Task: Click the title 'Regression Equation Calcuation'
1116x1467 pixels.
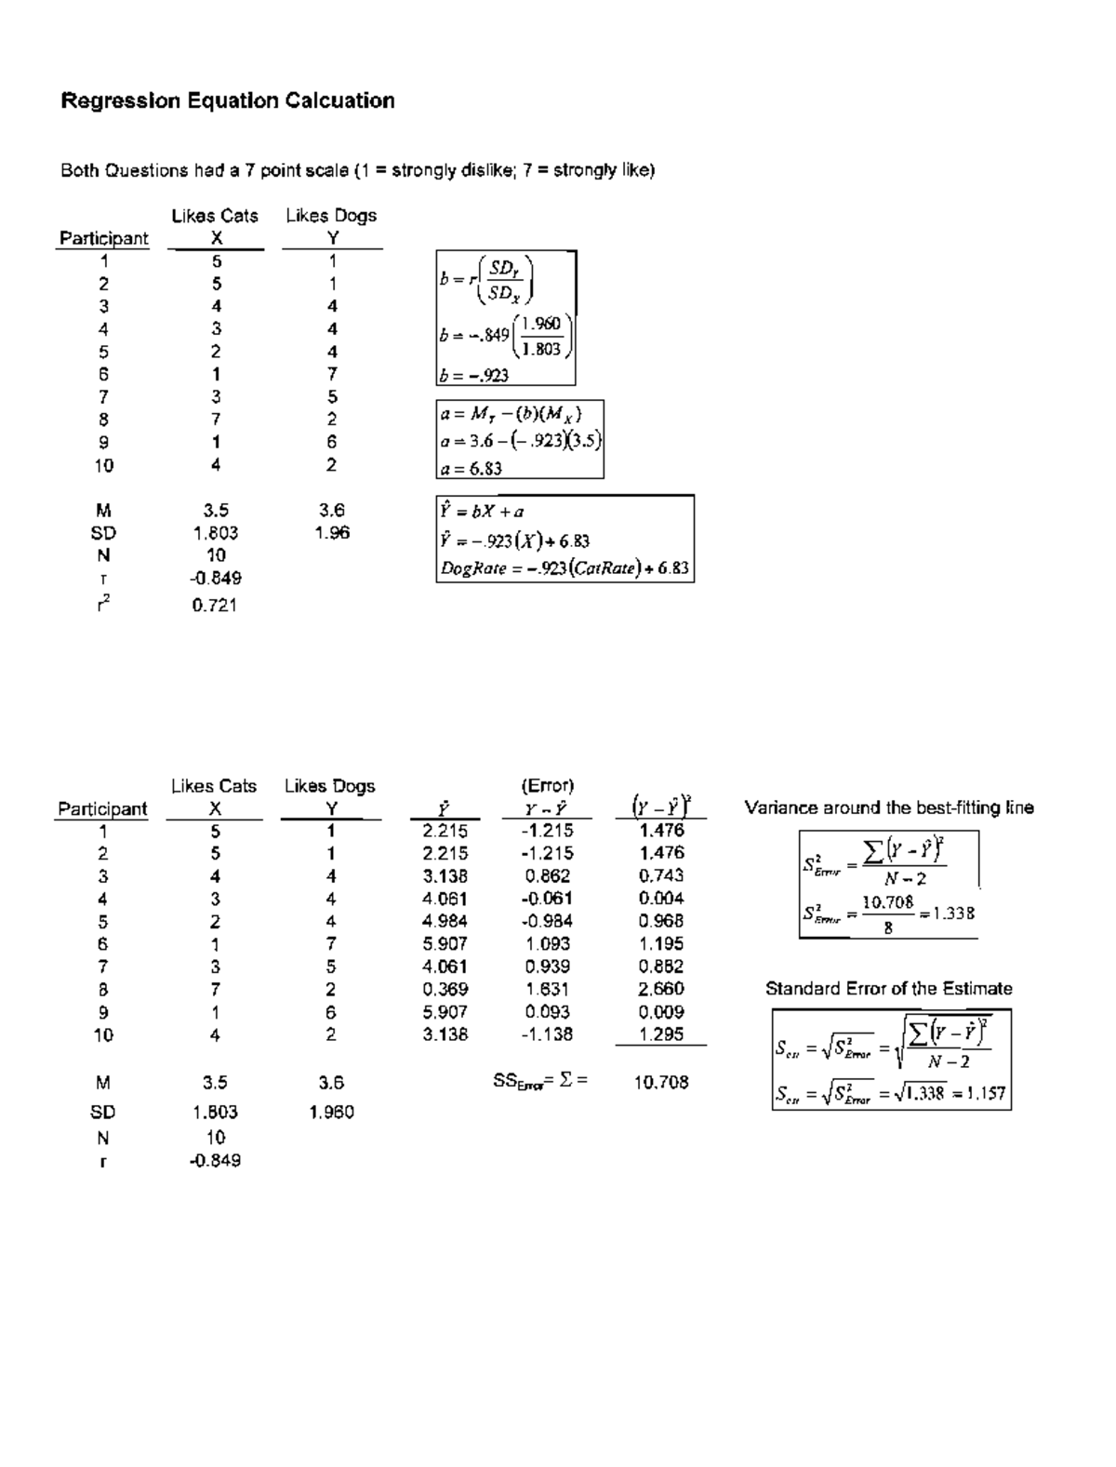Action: (x=228, y=100)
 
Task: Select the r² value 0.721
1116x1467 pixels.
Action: (x=215, y=606)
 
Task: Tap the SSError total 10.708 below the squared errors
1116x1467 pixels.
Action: (x=661, y=1082)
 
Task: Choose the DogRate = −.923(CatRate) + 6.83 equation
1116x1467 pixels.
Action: (x=565, y=567)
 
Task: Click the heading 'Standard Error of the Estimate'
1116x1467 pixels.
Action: (x=888, y=989)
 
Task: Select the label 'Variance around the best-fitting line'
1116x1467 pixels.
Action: (x=889, y=807)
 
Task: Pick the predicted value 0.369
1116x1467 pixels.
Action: (x=445, y=990)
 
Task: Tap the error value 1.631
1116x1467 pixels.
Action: (x=547, y=990)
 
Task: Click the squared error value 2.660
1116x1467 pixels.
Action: (x=661, y=989)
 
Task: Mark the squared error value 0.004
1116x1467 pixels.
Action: (x=661, y=899)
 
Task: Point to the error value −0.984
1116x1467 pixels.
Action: (x=547, y=921)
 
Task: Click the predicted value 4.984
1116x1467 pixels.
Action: (x=445, y=921)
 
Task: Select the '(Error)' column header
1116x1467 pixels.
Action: (x=548, y=786)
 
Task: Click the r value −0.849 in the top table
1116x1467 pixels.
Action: (x=215, y=578)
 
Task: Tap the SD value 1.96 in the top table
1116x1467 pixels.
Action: (x=331, y=533)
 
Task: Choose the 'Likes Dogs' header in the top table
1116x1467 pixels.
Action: (x=331, y=216)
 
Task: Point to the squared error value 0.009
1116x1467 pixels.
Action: (x=661, y=1012)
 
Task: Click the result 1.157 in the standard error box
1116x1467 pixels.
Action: (x=985, y=1093)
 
